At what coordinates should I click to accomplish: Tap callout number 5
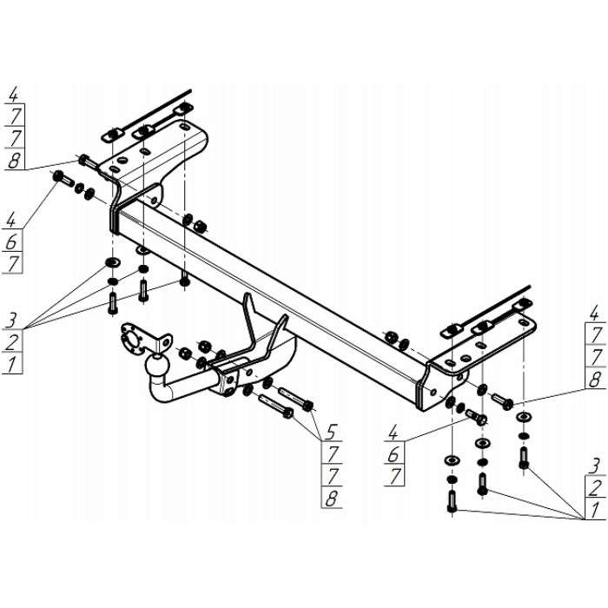tap(331, 431)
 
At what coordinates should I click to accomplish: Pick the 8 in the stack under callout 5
tap(331, 498)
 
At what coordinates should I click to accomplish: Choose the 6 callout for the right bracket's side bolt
tap(395, 453)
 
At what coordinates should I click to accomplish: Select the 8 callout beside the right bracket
tap(594, 379)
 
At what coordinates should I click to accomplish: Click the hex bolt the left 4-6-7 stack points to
tap(62, 179)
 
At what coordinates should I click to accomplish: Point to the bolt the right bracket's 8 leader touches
tap(501, 400)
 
